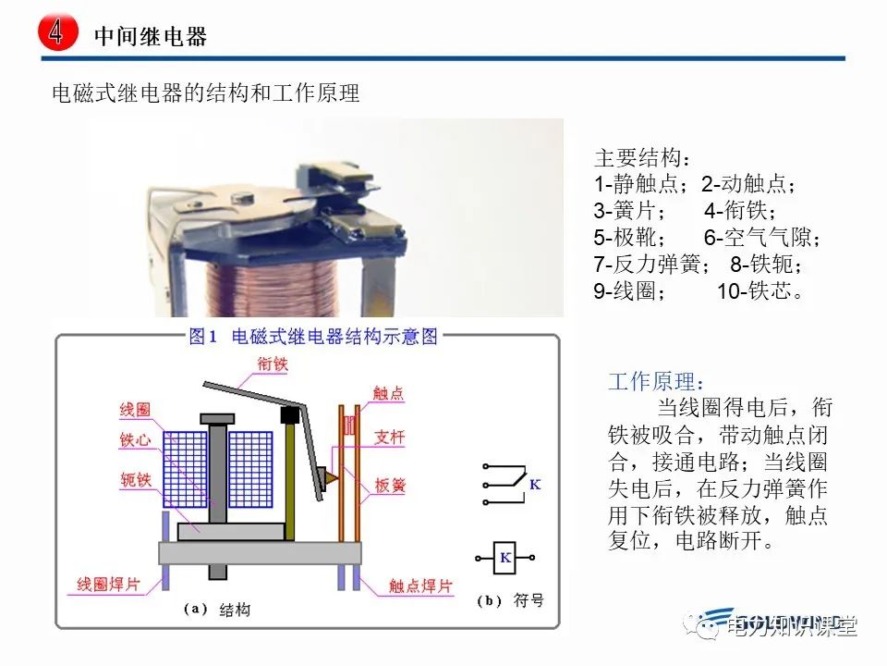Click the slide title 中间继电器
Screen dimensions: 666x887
tap(151, 36)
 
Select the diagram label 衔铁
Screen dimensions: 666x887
tap(273, 364)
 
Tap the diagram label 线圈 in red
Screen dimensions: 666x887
tap(135, 409)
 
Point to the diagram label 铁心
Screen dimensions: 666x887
tap(135, 440)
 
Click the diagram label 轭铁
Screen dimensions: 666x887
tap(135, 481)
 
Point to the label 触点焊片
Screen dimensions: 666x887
tap(420, 586)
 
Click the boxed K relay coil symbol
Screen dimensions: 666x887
tap(505, 558)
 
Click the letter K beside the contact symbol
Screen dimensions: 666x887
tap(535, 485)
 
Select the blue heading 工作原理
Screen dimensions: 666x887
tap(655, 382)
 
